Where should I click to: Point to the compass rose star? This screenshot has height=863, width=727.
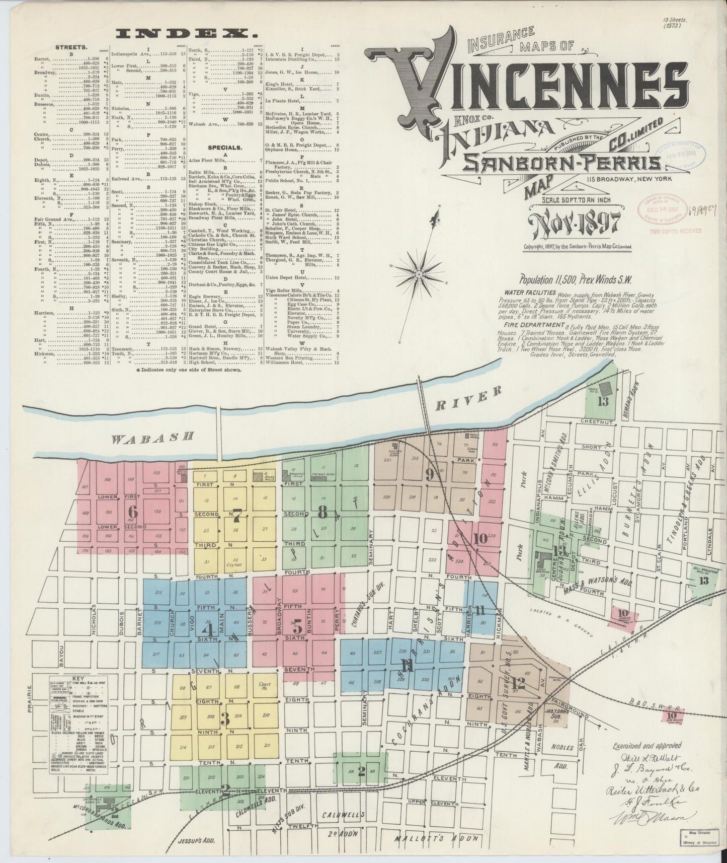[419, 274]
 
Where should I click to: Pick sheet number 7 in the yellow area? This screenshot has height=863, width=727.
[237, 515]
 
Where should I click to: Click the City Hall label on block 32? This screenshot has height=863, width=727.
[234, 565]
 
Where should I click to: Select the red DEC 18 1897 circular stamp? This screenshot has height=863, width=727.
[662, 207]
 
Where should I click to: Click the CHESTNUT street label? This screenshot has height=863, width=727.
[596, 421]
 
